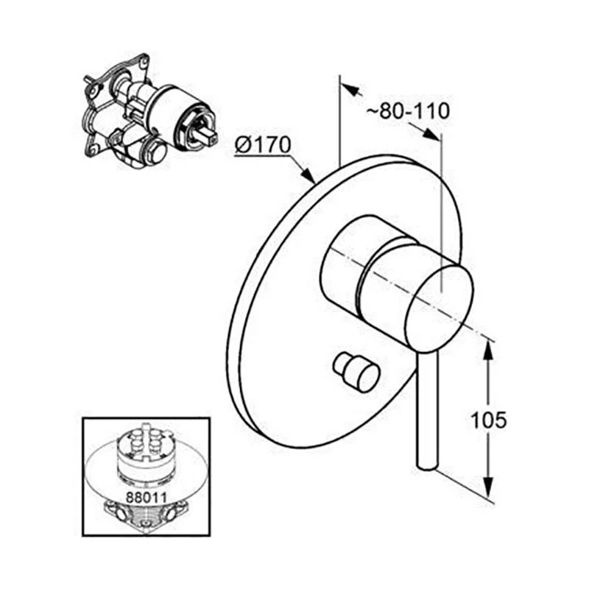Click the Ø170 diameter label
263,144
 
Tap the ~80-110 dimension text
408,111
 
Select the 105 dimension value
488,420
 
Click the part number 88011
146,498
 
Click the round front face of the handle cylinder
440,309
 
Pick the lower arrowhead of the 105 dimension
487,487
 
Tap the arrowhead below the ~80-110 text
431,135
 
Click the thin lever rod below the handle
427,412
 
